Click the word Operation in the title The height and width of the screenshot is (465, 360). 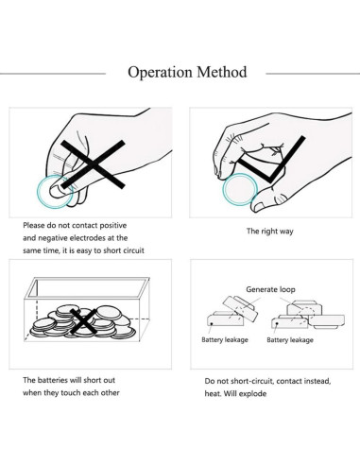tap(160, 73)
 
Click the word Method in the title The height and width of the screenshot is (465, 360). tap(222, 72)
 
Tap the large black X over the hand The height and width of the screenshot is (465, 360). tap(93, 164)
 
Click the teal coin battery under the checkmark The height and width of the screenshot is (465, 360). tap(240, 189)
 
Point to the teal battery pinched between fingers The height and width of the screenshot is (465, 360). tap(55, 192)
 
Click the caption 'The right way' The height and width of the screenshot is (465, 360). tap(270, 232)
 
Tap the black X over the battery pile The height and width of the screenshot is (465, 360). tap(83, 321)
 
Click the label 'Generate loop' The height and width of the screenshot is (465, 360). tap(270, 289)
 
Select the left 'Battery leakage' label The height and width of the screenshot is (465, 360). tap(225, 339)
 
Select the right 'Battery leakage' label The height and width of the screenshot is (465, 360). tap(290, 340)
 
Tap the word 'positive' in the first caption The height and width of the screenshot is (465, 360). tap(111, 226)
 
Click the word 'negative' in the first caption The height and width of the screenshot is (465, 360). tap(53, 238)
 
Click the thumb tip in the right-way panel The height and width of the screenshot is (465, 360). tap(258, 207)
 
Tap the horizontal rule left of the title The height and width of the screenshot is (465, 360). tap(53, 74)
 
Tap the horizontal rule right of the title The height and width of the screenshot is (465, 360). tap(313, 74)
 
